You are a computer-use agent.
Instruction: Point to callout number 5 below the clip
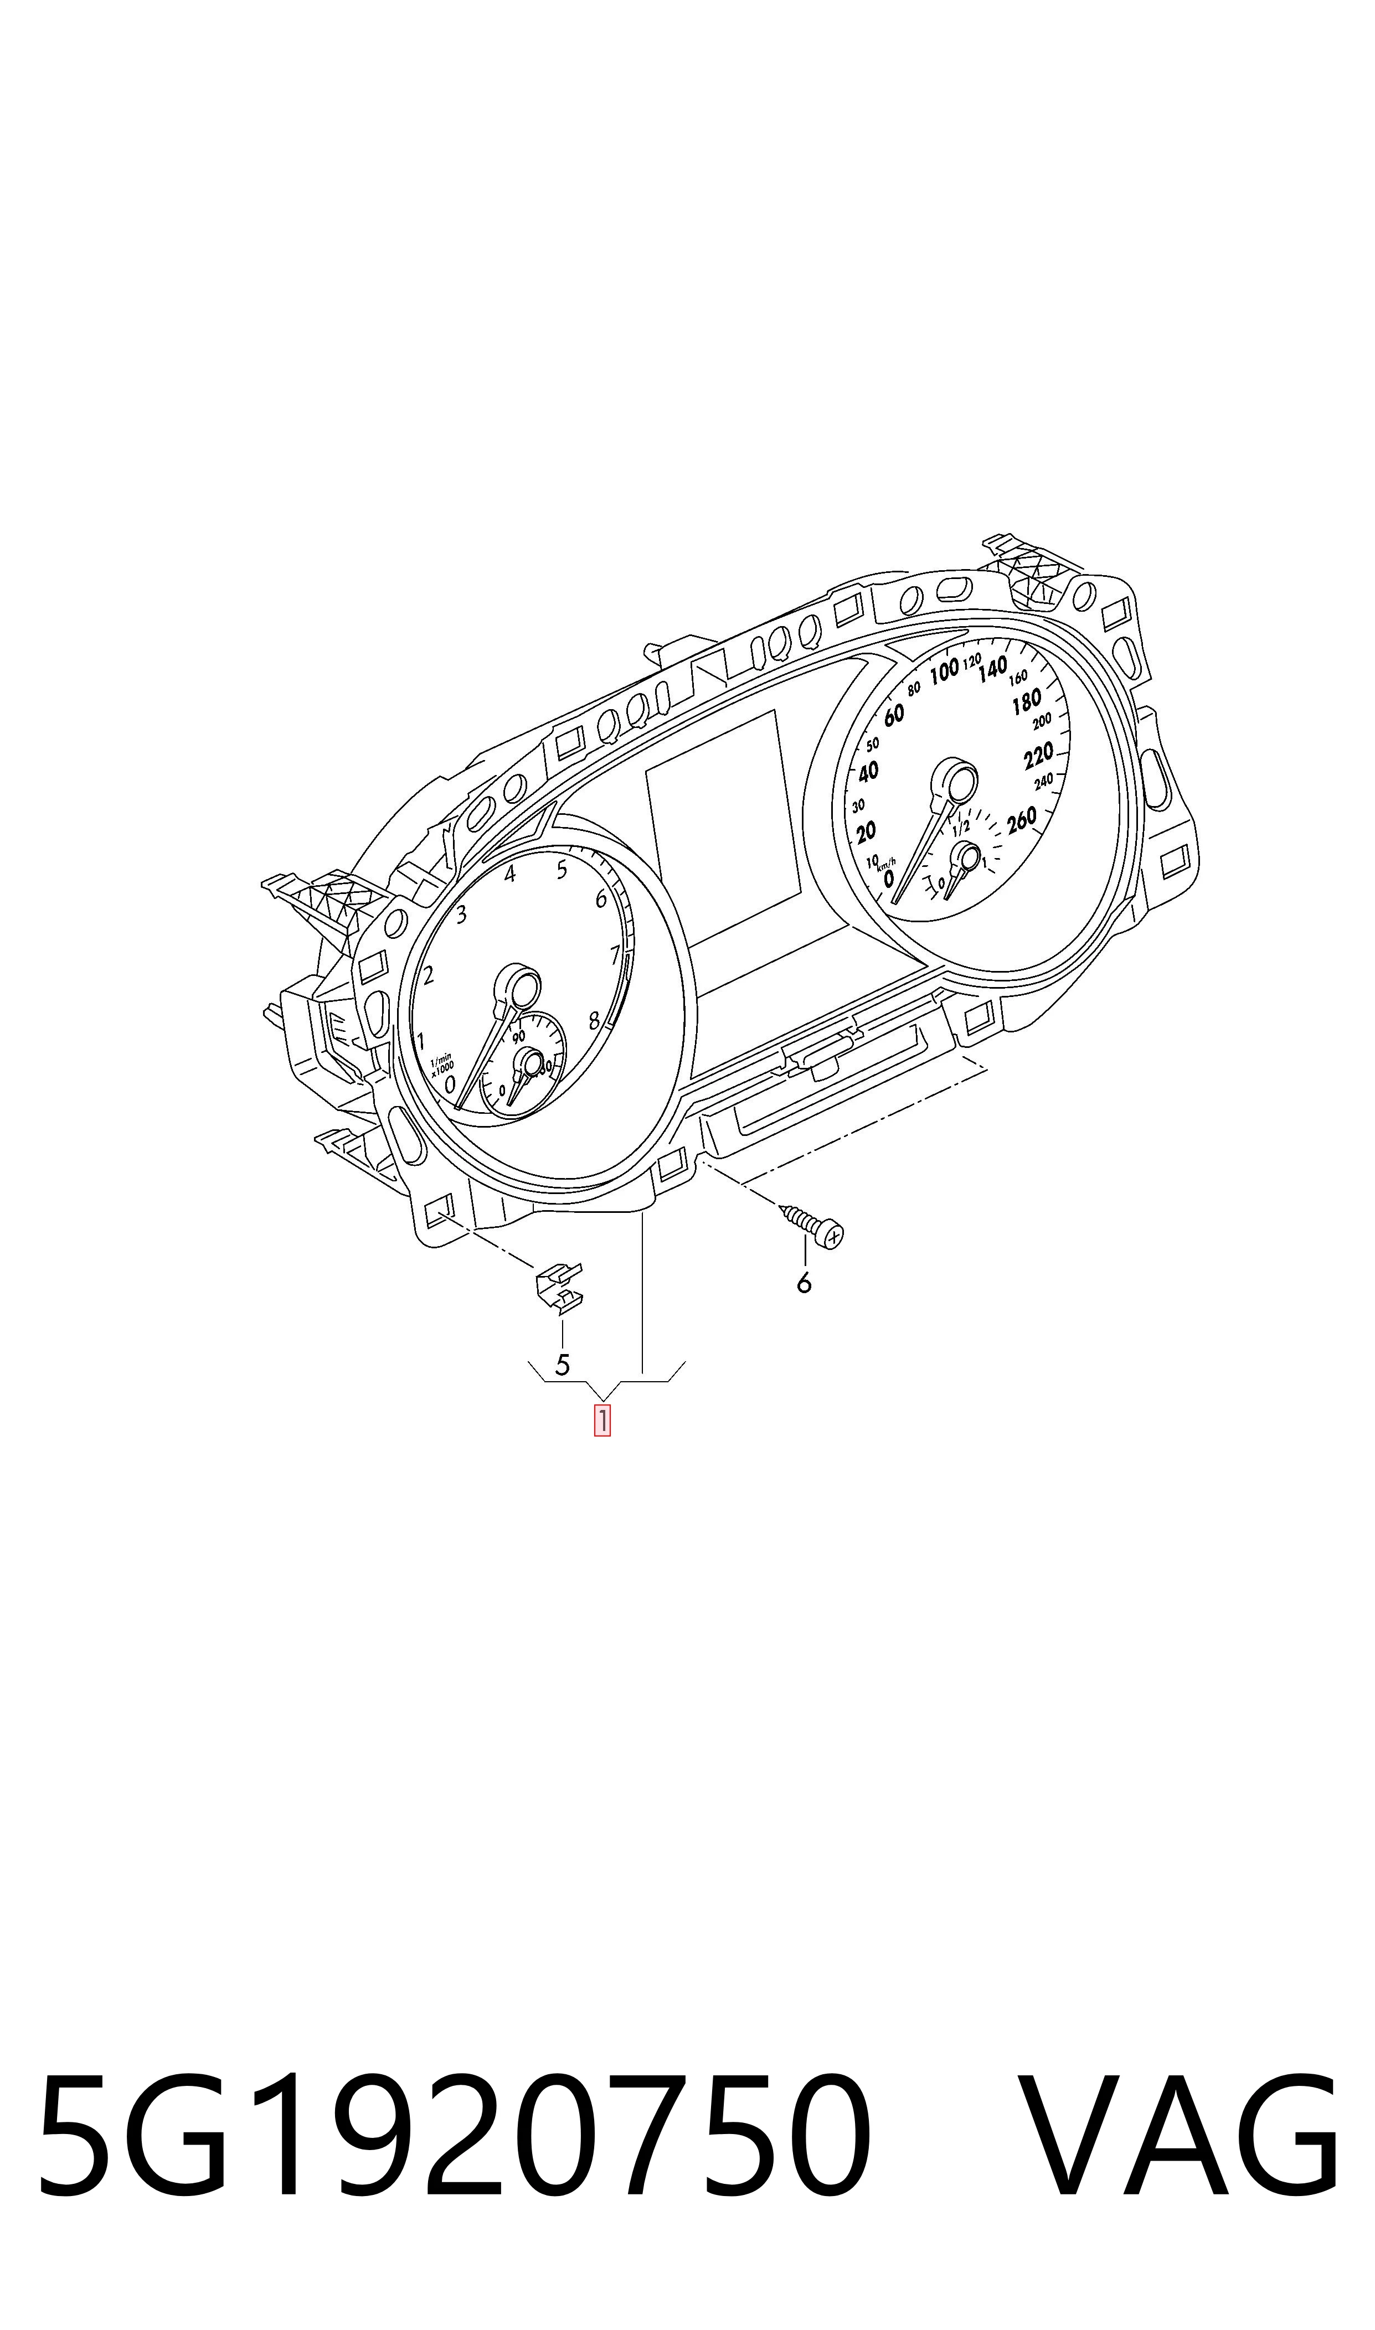coord(562,1364)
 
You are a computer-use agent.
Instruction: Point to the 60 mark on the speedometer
coord(893,715)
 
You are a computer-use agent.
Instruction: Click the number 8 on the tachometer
coord(594,1021)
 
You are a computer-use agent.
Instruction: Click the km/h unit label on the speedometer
coord(887,862)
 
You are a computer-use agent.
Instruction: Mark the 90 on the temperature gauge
coord(519,1036)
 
